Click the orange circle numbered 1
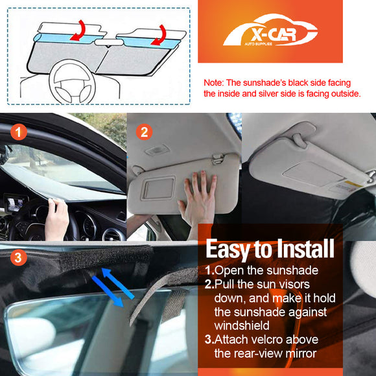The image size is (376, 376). click(x=19, y=133)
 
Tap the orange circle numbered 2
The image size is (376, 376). click(x=145, y=132)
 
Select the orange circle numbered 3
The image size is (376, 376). click(x=19, y=258)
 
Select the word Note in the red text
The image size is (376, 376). click(x=213, y=84)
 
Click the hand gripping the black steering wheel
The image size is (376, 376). click(x=57, y=217)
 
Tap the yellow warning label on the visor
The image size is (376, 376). click(x=353, y=185)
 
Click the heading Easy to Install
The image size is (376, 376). click(x=270, y=248)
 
